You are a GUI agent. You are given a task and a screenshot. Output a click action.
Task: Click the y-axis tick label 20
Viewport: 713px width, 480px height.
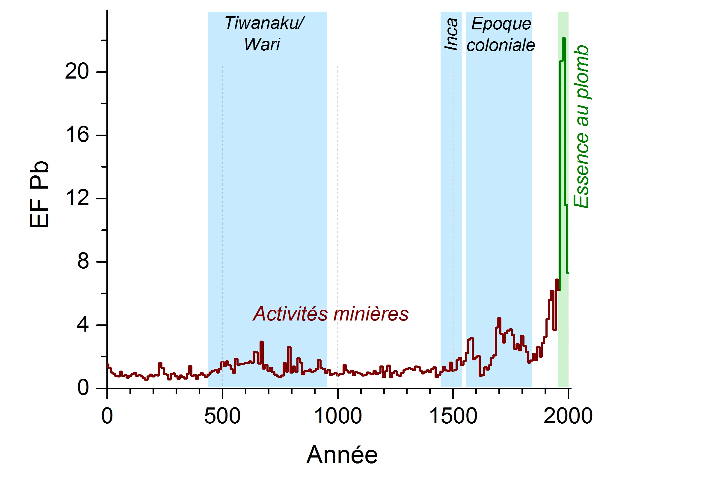point(77,72)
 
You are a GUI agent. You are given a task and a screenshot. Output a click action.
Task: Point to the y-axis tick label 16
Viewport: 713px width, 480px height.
point(77,135)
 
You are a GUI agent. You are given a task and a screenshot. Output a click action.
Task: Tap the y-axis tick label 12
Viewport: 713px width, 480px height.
point(77,198)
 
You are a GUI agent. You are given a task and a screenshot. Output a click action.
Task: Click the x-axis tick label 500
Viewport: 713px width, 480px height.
point(222,416)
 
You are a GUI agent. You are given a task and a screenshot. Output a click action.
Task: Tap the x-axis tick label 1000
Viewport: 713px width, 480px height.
point(338,416)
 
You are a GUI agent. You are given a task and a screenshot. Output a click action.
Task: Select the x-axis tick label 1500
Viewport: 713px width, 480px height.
point(453,416)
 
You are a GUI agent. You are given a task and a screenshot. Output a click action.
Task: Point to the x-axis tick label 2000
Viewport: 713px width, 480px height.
point(568,416)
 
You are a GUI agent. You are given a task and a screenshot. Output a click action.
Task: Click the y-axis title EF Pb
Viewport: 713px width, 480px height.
point(39,195)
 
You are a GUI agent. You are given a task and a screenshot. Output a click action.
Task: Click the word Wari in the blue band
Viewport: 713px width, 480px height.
point(262,44)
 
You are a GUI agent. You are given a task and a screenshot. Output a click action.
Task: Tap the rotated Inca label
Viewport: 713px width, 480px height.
point(451,34)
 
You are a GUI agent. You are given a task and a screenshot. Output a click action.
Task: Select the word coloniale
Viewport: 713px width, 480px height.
point(501,45)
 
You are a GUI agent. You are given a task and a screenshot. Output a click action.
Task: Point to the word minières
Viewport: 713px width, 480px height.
point(370,314)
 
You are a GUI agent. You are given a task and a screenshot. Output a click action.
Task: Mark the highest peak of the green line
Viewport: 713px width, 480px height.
point(564,39)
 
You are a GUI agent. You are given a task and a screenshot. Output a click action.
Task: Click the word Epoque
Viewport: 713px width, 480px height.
point(501,24)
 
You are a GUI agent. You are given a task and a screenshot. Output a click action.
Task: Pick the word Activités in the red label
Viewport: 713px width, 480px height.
point(290,314)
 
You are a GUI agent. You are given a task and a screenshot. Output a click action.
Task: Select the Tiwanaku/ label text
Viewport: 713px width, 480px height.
point(264,23)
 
